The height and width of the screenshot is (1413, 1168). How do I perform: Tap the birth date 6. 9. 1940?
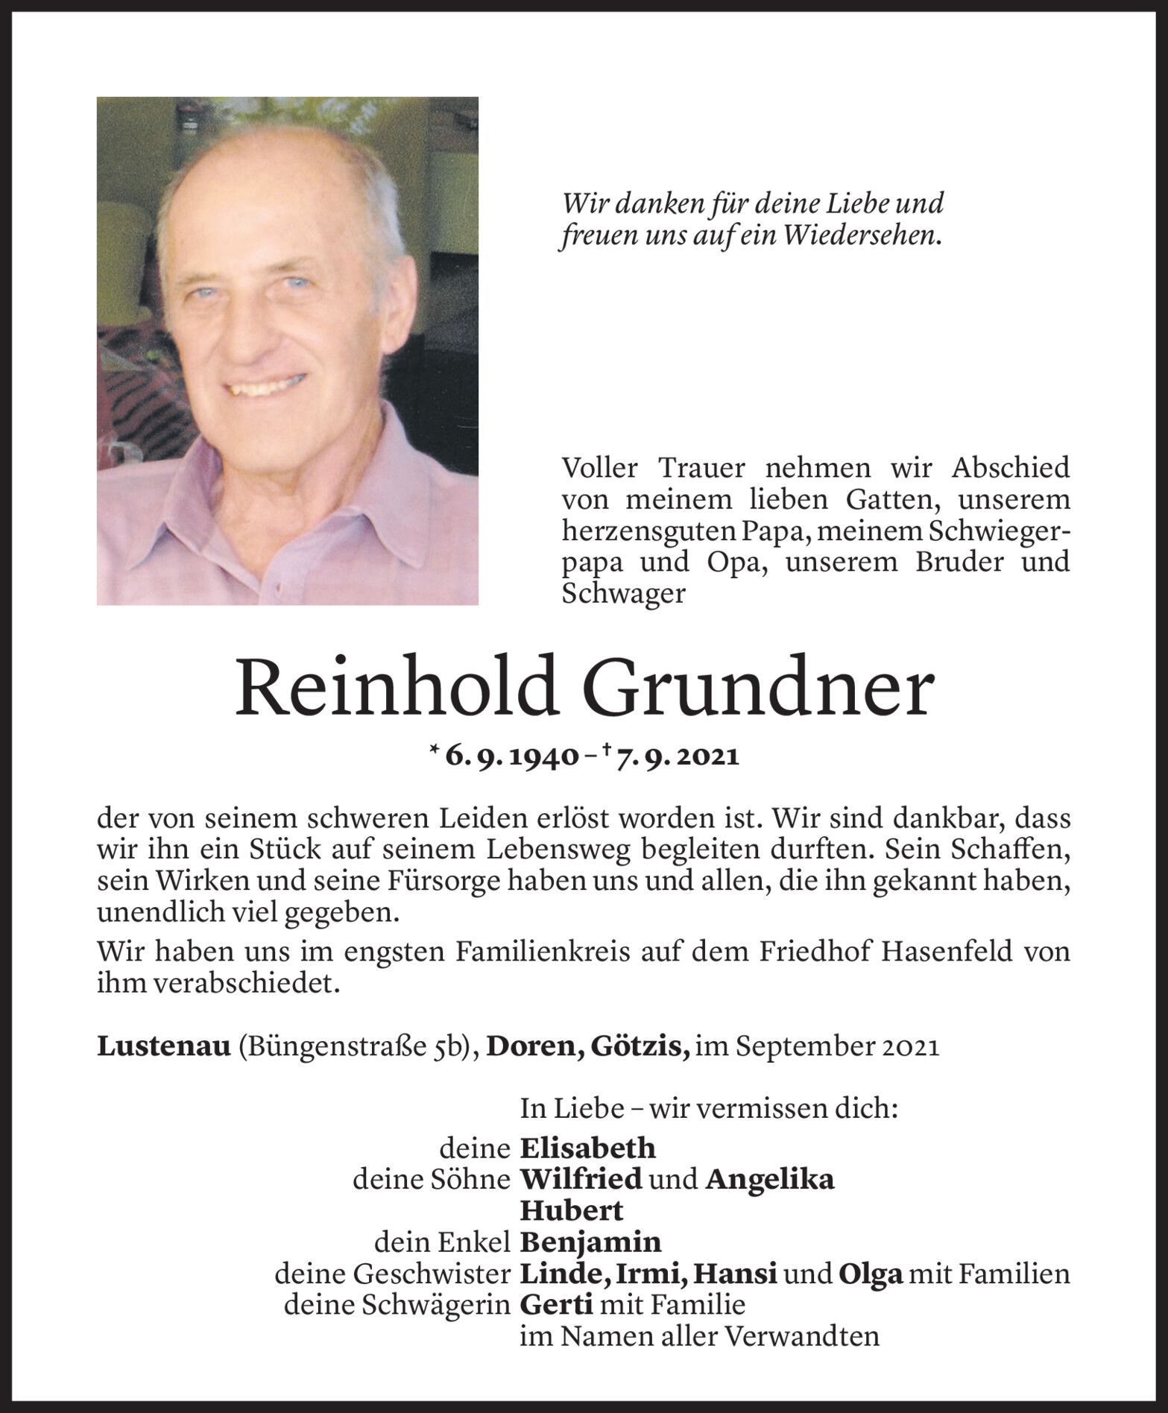pos(512,757)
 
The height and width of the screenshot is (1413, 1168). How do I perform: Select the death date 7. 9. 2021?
pos(678,757)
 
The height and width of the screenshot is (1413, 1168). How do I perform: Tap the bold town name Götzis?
pos(640,1047)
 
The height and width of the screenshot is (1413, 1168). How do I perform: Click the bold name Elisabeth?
pos(587,1148)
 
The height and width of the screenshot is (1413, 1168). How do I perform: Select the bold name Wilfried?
pos(581,1180)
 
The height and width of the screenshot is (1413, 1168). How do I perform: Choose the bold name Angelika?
pos(769,1180)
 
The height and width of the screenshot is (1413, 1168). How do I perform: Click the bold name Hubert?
pos(571,1211)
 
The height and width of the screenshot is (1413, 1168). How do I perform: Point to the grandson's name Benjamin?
pos(590,1242)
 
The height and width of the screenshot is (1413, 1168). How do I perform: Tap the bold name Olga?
pos(871,1274)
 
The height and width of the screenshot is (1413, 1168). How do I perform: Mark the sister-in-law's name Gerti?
pos(556,1306)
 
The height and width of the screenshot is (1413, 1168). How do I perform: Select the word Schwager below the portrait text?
pos(623,594)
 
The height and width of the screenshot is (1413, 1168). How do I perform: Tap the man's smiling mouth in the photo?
pos(267,386)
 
